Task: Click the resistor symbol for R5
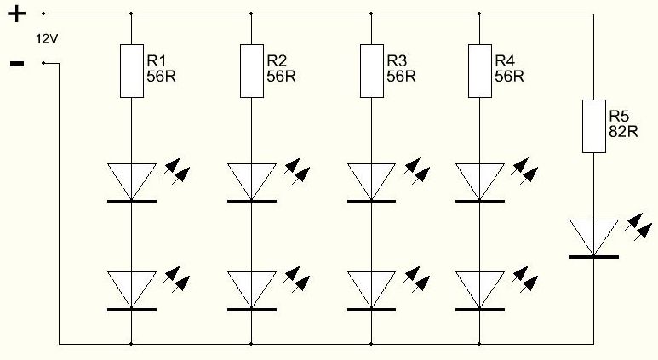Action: [x=593, y=125]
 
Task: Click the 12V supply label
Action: [x=46, y=39]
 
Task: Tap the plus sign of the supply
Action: [x=16, y=14]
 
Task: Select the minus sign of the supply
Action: [x=16, y=63]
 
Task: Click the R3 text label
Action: [x=397, y=60]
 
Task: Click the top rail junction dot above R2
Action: [x=251, y=14]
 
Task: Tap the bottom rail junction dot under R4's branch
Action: [x=479, y=345]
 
